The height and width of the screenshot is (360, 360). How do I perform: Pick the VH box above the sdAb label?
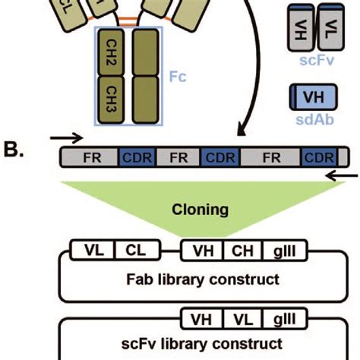tap(308, 98)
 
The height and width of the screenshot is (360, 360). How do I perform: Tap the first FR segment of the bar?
tap(90, 158)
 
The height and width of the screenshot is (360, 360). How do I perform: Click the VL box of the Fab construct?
tap(93, 250)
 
